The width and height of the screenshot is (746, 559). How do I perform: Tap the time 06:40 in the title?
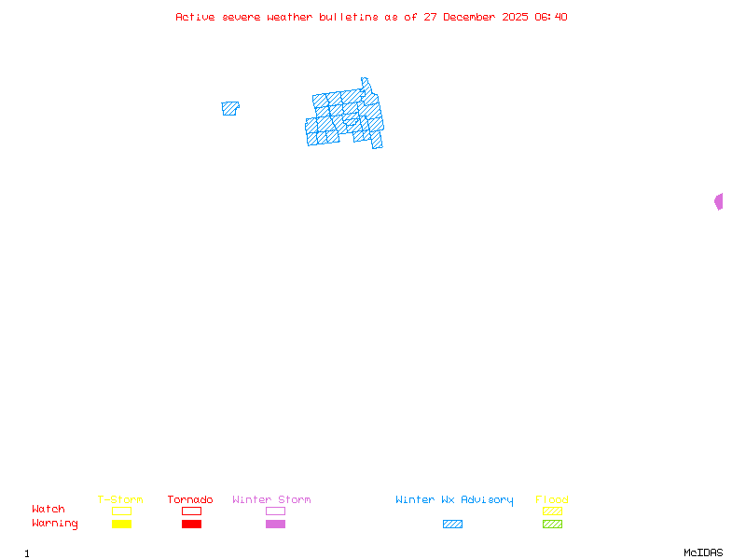551,17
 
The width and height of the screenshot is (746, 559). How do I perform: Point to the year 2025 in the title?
516,17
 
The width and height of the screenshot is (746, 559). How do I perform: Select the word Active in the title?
196,17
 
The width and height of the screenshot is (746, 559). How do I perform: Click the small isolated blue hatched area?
229,108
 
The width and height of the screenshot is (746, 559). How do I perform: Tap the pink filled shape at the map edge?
719,201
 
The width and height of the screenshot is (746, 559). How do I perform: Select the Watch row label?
48,510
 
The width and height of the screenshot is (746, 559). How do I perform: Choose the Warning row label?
55,524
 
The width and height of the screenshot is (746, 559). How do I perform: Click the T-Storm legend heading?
120,500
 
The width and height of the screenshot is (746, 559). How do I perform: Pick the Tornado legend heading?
190,500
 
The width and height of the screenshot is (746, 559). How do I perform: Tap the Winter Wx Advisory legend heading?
454,500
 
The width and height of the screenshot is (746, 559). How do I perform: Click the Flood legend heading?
552,500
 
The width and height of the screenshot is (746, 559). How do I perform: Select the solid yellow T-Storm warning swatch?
121,525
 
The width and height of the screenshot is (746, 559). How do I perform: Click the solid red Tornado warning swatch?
191,525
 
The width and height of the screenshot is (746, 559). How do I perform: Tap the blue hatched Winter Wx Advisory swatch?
452,525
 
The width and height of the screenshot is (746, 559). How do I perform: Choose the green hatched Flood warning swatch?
552,525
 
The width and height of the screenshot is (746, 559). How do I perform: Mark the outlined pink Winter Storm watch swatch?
275,511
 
